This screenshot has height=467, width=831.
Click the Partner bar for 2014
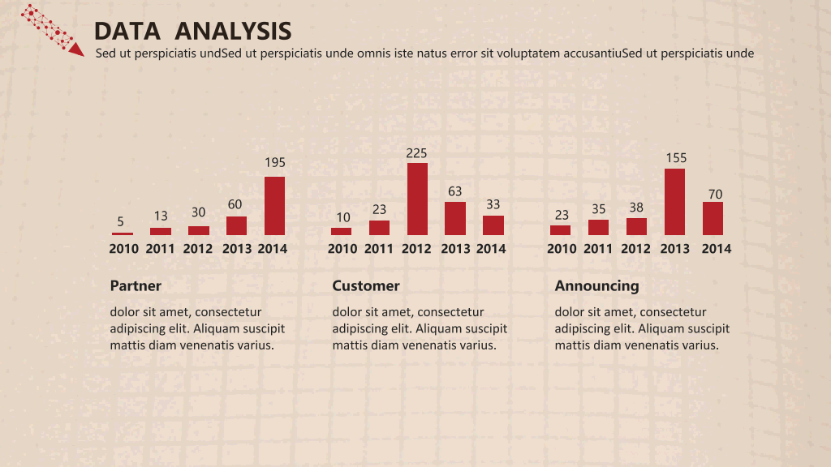coord(274,206)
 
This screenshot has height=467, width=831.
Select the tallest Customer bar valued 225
coord(418,199)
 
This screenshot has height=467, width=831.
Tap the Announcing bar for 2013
coord(674,202)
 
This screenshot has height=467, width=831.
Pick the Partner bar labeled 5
coord(123,233)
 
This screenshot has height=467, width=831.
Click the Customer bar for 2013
coord(455,219)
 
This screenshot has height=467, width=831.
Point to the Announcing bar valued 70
coord(713,219)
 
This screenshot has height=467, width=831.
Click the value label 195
coord(275,162)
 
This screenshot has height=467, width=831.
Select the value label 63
coord(454,191)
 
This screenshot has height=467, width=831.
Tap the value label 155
coord(676,158)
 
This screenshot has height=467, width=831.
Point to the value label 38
coord(636,208)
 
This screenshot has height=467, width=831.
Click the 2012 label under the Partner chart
coord(198,249)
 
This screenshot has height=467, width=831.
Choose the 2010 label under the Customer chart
coord(342,249)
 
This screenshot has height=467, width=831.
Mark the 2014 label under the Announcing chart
coord(717,249)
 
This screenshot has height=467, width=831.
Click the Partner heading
coord(136,286)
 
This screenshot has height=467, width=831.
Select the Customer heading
coord(366,286)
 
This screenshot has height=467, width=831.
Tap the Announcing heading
coord(596,286)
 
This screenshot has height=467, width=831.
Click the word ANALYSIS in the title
coord(233,32)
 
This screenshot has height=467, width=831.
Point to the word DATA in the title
coord(127,32)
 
